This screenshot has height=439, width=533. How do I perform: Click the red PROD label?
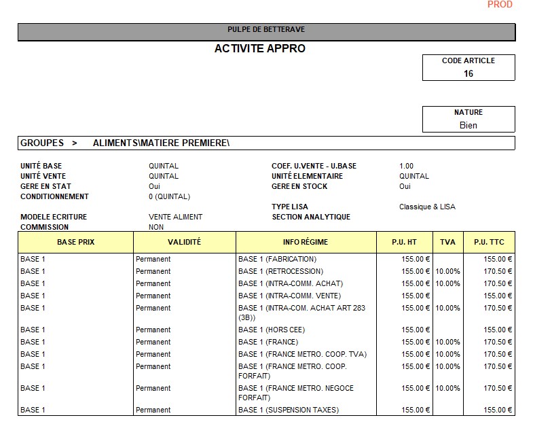500,5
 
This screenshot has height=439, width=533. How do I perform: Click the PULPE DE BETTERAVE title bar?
266,30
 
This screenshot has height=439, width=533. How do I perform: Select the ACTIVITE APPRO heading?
260,49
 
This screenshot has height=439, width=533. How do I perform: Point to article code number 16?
468,74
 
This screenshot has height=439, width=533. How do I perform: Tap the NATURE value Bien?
468,125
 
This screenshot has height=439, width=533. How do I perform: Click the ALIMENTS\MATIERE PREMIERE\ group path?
161,143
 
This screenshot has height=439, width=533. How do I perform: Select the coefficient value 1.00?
406,166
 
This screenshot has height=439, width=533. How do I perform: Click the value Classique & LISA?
427,207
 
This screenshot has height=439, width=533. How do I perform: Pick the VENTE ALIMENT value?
175,217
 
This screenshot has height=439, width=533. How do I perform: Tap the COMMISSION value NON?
156,227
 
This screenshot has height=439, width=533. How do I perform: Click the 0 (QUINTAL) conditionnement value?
169,196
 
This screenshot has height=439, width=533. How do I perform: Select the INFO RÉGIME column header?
306,243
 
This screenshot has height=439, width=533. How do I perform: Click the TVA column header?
448,243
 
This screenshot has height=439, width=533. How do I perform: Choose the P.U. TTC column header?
489,243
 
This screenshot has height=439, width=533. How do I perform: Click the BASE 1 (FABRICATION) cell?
277,259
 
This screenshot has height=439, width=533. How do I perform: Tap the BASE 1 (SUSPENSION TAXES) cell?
288,410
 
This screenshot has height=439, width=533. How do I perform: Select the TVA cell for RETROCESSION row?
448,271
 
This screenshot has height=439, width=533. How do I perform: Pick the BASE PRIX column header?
75,243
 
